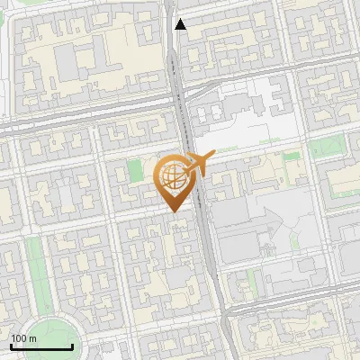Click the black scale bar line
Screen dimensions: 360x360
pos(41,346)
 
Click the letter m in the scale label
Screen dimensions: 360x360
pos(33,338)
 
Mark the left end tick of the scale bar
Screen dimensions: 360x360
pos(11,345)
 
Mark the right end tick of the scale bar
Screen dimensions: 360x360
pos(72,345)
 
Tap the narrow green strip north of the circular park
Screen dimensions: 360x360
pos(36,265)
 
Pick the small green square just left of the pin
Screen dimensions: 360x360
pos(136,170)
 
